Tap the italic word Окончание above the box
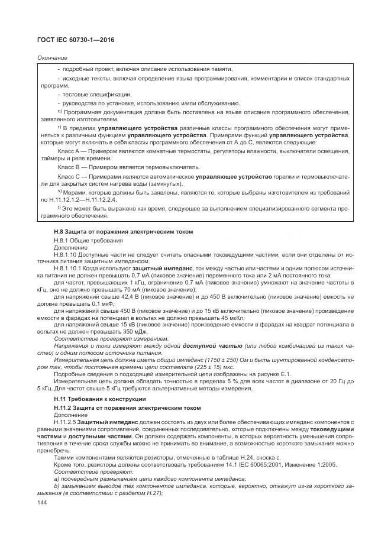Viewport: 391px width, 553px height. pyautogui.click(x=52, y=57)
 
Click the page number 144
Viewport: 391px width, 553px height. pyautogui.click(x=41, y=502)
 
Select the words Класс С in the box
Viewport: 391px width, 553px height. pyautogui.click(x=69, y=176)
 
